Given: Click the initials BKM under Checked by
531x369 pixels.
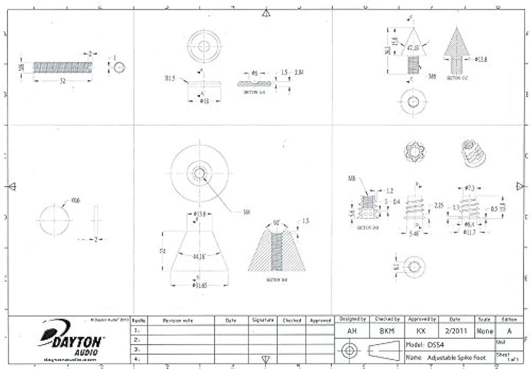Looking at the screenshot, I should coord(387,331).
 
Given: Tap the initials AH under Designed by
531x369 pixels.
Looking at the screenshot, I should coord(350,331).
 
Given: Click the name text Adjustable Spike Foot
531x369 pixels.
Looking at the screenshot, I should coord(456,358).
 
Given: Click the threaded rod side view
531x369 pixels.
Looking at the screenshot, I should coord(63,67).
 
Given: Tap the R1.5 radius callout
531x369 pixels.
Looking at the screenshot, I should coord(170,78).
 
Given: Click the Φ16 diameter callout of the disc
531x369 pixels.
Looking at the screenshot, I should coord(75,201).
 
